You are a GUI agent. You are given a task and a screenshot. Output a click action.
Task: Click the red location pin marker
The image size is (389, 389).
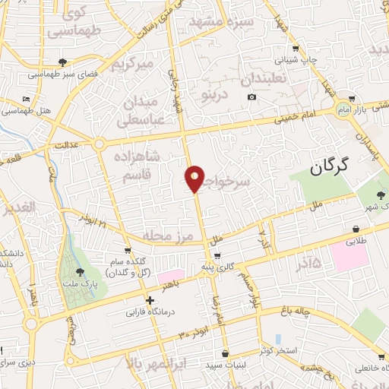point(195,179)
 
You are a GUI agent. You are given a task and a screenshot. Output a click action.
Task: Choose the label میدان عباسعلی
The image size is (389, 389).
point(139,111)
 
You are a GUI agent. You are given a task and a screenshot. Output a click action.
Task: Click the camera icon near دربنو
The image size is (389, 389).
point(252,96)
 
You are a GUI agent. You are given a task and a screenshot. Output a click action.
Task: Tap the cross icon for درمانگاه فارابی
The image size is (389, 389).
point(150,301)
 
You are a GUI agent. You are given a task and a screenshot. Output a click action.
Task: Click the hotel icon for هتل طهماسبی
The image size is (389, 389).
point(27,100)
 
